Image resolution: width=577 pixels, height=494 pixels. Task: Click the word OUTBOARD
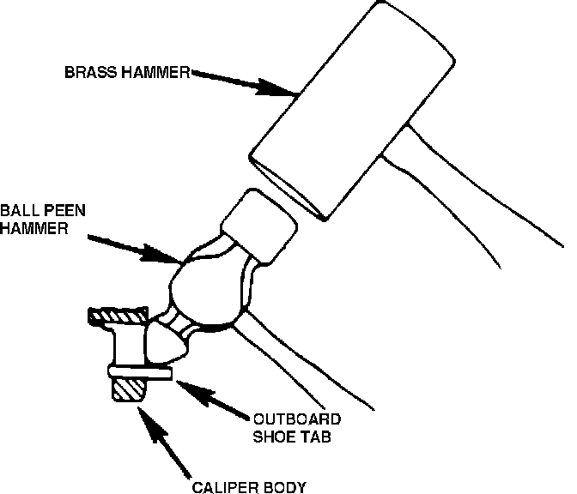coord(296,419)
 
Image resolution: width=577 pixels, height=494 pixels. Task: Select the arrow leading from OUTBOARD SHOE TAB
coord(214,398)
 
